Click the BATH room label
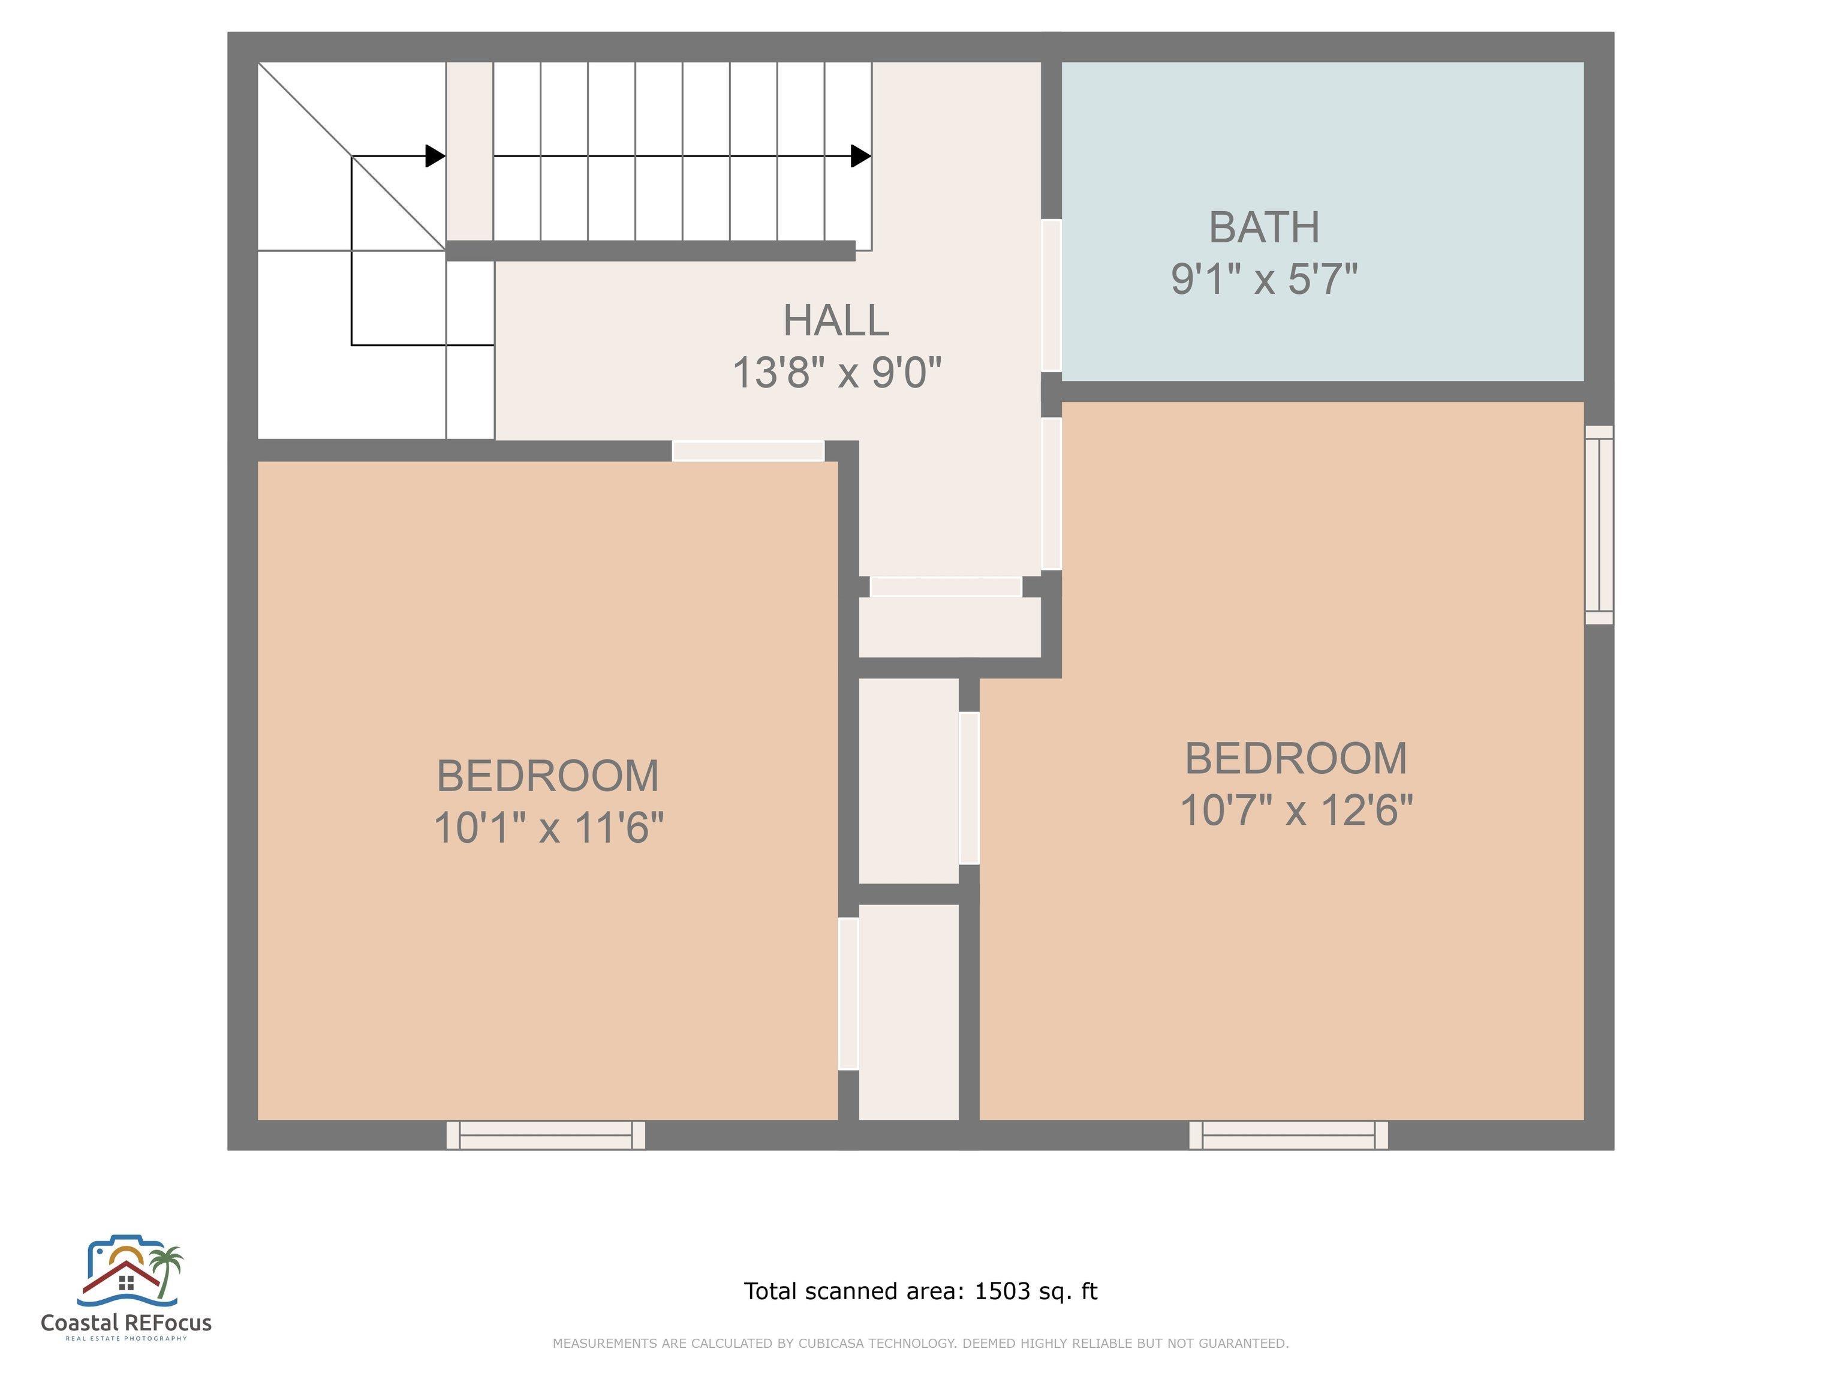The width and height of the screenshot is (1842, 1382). click(x=1264, y=227)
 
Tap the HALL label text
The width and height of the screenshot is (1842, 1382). click(x=836, y=321)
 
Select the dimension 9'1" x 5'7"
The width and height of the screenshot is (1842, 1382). click(x=1264, y=278)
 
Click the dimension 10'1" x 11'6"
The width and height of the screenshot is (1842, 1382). click(x=549, y=828)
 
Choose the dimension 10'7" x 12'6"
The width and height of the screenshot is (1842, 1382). click(x=1296, y=810)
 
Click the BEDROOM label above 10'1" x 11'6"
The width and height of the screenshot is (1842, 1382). click(x=548, y=776)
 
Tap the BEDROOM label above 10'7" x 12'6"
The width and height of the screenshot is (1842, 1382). click(x=1296, y=758)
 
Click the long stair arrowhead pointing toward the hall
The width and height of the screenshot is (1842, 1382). click(x=861, y=156)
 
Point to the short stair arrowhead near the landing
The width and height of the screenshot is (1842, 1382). click(x=435, y=156)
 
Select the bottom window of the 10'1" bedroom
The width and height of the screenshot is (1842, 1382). click(x=546, y=1135)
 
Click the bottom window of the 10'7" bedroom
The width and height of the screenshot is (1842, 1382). click(x=1288, y=1135)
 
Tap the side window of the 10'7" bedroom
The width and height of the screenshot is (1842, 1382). click(x=1599, y=525)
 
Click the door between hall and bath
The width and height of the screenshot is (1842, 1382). click(x=1052, y=295)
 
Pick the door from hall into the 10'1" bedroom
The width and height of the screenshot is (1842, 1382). click(x=748, y=450)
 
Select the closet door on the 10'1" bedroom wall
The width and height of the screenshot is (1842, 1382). click(x=848, y=994)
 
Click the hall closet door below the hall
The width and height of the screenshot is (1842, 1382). click(x=946, y=587)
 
